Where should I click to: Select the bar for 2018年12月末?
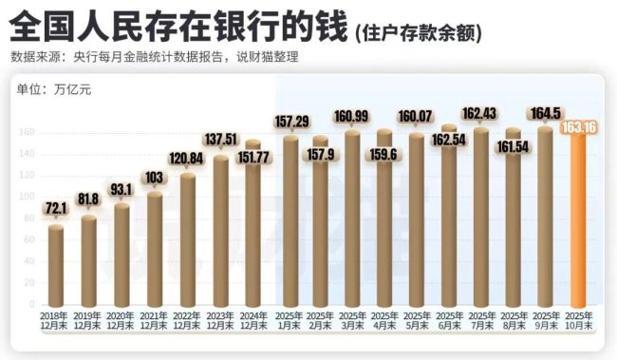57,266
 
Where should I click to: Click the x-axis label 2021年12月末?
154,320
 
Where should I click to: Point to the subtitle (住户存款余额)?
419,33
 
